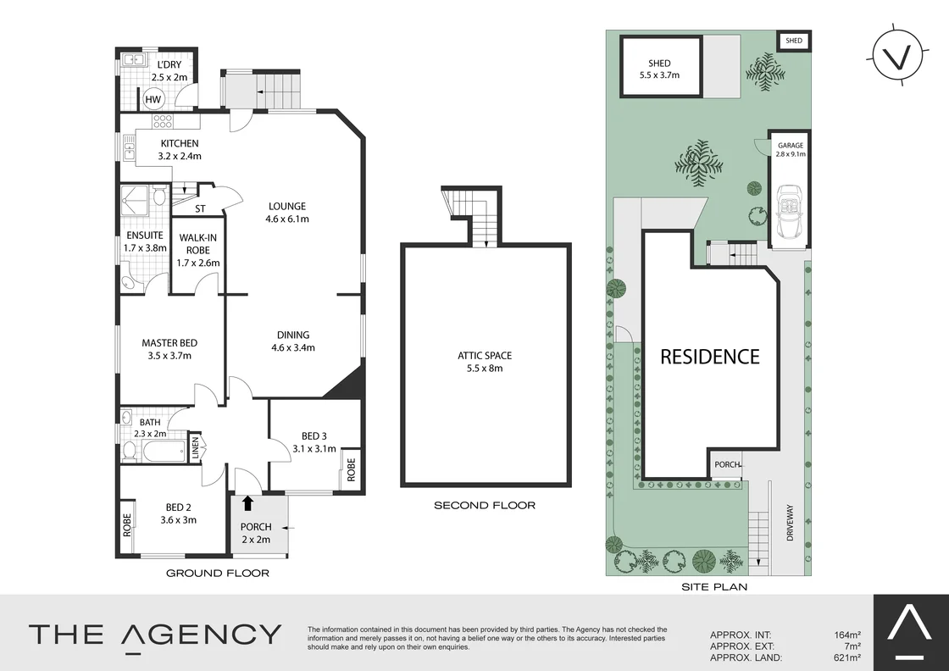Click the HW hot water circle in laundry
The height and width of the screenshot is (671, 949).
153,100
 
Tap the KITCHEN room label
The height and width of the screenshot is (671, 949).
180,150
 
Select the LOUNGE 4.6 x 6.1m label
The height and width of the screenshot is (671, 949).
288,213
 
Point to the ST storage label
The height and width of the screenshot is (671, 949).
201,208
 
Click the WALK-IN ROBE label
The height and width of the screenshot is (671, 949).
197,250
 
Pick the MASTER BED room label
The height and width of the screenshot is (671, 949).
169,349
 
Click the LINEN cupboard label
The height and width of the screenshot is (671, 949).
196,446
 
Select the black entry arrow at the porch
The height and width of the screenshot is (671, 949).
247,504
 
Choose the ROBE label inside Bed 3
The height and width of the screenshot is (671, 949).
351,469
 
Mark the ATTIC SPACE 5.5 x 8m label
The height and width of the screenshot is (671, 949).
485,362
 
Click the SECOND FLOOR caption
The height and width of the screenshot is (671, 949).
485,506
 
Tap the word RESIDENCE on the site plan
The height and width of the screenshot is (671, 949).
710,357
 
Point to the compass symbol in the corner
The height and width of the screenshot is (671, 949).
896,57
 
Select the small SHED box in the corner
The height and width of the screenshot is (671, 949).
794,41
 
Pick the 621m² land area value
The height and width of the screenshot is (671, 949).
847,657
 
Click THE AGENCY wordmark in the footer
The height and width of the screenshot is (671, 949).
155,635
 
